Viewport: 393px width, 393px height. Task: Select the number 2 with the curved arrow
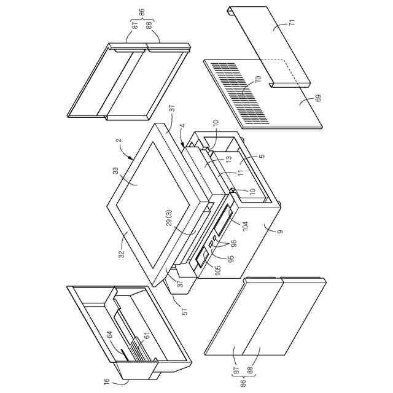pos(120,139)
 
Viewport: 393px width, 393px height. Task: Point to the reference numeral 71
pos(292,22)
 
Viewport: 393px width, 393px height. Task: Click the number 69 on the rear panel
pos(318,98)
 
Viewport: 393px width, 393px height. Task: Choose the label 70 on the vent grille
pos(259,79)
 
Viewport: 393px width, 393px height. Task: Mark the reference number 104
pos(245,226)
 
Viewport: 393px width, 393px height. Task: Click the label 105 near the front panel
pos(218,270)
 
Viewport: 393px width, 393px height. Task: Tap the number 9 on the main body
pos(281,232)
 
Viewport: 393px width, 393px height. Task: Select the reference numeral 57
pos(185,311)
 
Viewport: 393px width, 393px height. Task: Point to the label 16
pos(107,382)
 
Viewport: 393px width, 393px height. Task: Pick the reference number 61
pos(147,336)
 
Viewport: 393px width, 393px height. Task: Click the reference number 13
pos(229,159)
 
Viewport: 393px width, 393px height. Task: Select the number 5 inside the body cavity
pos(262,156)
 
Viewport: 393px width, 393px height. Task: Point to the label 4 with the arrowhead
pos(183,125)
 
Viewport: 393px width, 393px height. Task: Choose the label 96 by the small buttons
pos(234,244)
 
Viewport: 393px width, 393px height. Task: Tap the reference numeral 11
pos(241,173)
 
